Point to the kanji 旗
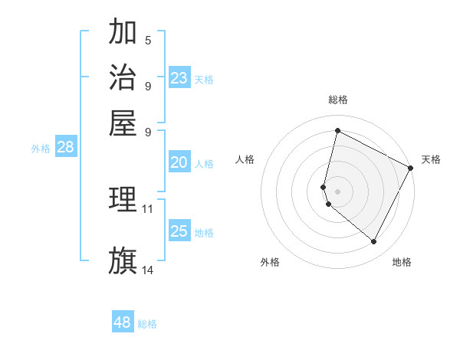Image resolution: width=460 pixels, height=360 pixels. click(123, 260)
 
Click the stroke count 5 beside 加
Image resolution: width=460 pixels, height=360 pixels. click(148, 40)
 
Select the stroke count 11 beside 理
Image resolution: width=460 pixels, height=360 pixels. click(148, 208)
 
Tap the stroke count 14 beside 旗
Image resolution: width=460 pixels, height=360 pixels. click(148, 270)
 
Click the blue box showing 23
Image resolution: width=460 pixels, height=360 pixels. click(179, 78)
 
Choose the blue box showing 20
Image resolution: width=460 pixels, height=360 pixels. click(179, 162)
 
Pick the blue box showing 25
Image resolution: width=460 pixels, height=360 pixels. click(179, 231)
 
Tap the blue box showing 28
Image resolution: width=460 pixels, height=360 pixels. click(65, 148)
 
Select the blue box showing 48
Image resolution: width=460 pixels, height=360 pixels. click(123, 322)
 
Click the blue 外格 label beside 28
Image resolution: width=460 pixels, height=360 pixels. click(41, 149)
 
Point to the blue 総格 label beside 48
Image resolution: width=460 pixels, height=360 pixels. click(147, 324)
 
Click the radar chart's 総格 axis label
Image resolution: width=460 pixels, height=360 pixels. click(337, 100)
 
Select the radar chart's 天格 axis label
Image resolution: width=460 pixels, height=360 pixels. click(431, 159)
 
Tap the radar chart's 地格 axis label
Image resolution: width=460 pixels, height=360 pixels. click(402, 262)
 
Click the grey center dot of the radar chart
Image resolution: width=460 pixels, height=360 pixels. click(337, 191)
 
